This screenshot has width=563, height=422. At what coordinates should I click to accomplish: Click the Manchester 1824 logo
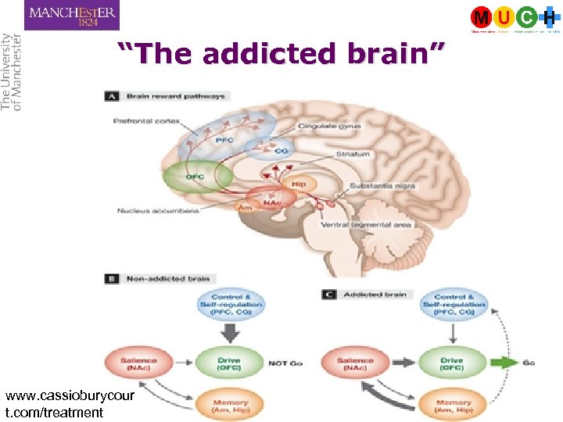[x=72, y=15]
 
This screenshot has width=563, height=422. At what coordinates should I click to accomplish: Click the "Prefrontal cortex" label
[x=146, y=121]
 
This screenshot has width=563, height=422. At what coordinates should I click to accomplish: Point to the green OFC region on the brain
[x=196, y=177]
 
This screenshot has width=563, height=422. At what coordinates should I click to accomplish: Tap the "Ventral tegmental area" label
[x=365, y=225]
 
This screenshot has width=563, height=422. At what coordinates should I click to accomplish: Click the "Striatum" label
[x=353, y=155]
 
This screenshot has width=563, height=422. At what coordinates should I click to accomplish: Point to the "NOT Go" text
[x=286, y=363]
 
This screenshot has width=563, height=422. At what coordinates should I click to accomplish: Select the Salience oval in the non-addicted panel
[x=139, y=363]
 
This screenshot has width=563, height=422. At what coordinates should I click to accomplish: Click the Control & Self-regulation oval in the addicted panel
[x=454, y=305]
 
